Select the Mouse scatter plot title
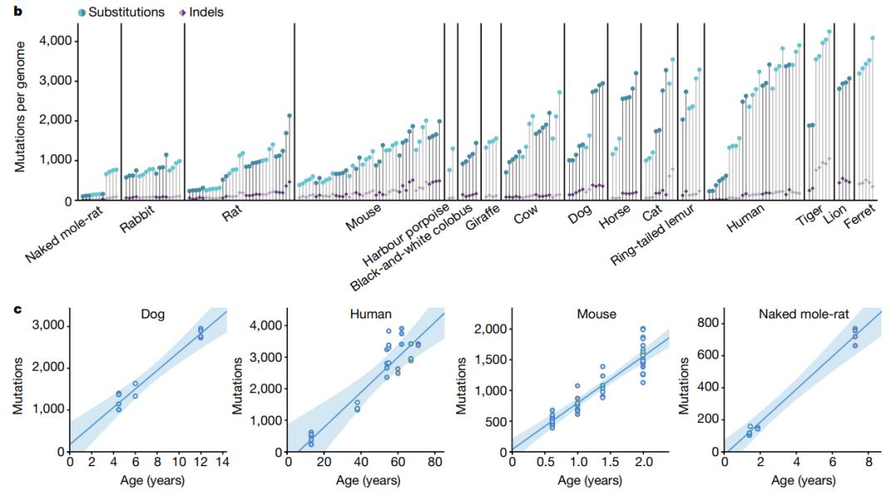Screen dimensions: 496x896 597,315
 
